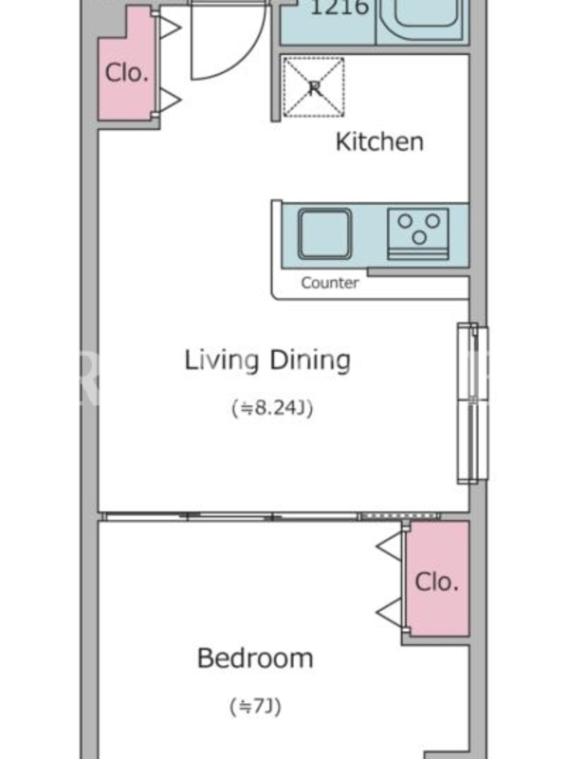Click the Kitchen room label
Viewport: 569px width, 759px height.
[379, 141]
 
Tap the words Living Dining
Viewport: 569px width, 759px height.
[267, 361]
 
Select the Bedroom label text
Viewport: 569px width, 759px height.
[255, 658]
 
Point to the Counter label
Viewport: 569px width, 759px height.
[330, 283]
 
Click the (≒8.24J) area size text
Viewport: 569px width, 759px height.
[272, 408]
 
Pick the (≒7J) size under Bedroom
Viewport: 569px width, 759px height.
[255, 707]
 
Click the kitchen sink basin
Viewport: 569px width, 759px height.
[324, 234]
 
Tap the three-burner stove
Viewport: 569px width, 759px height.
[418, 234]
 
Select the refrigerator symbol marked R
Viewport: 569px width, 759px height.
[314, 87]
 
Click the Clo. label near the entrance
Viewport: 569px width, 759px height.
[126, 73]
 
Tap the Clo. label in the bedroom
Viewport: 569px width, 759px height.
[436, 582]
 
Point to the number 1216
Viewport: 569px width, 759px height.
[340, 7]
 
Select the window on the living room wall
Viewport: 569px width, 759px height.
[472, 403]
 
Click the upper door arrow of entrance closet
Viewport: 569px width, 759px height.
[170, 28]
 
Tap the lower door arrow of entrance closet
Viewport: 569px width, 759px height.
[170, 100]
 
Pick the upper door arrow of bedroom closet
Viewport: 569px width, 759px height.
[390, 546]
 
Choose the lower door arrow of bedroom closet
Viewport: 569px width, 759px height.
[390, 613]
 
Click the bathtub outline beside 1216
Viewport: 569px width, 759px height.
[422, 19]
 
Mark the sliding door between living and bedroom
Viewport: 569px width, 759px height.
[272, 516]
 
